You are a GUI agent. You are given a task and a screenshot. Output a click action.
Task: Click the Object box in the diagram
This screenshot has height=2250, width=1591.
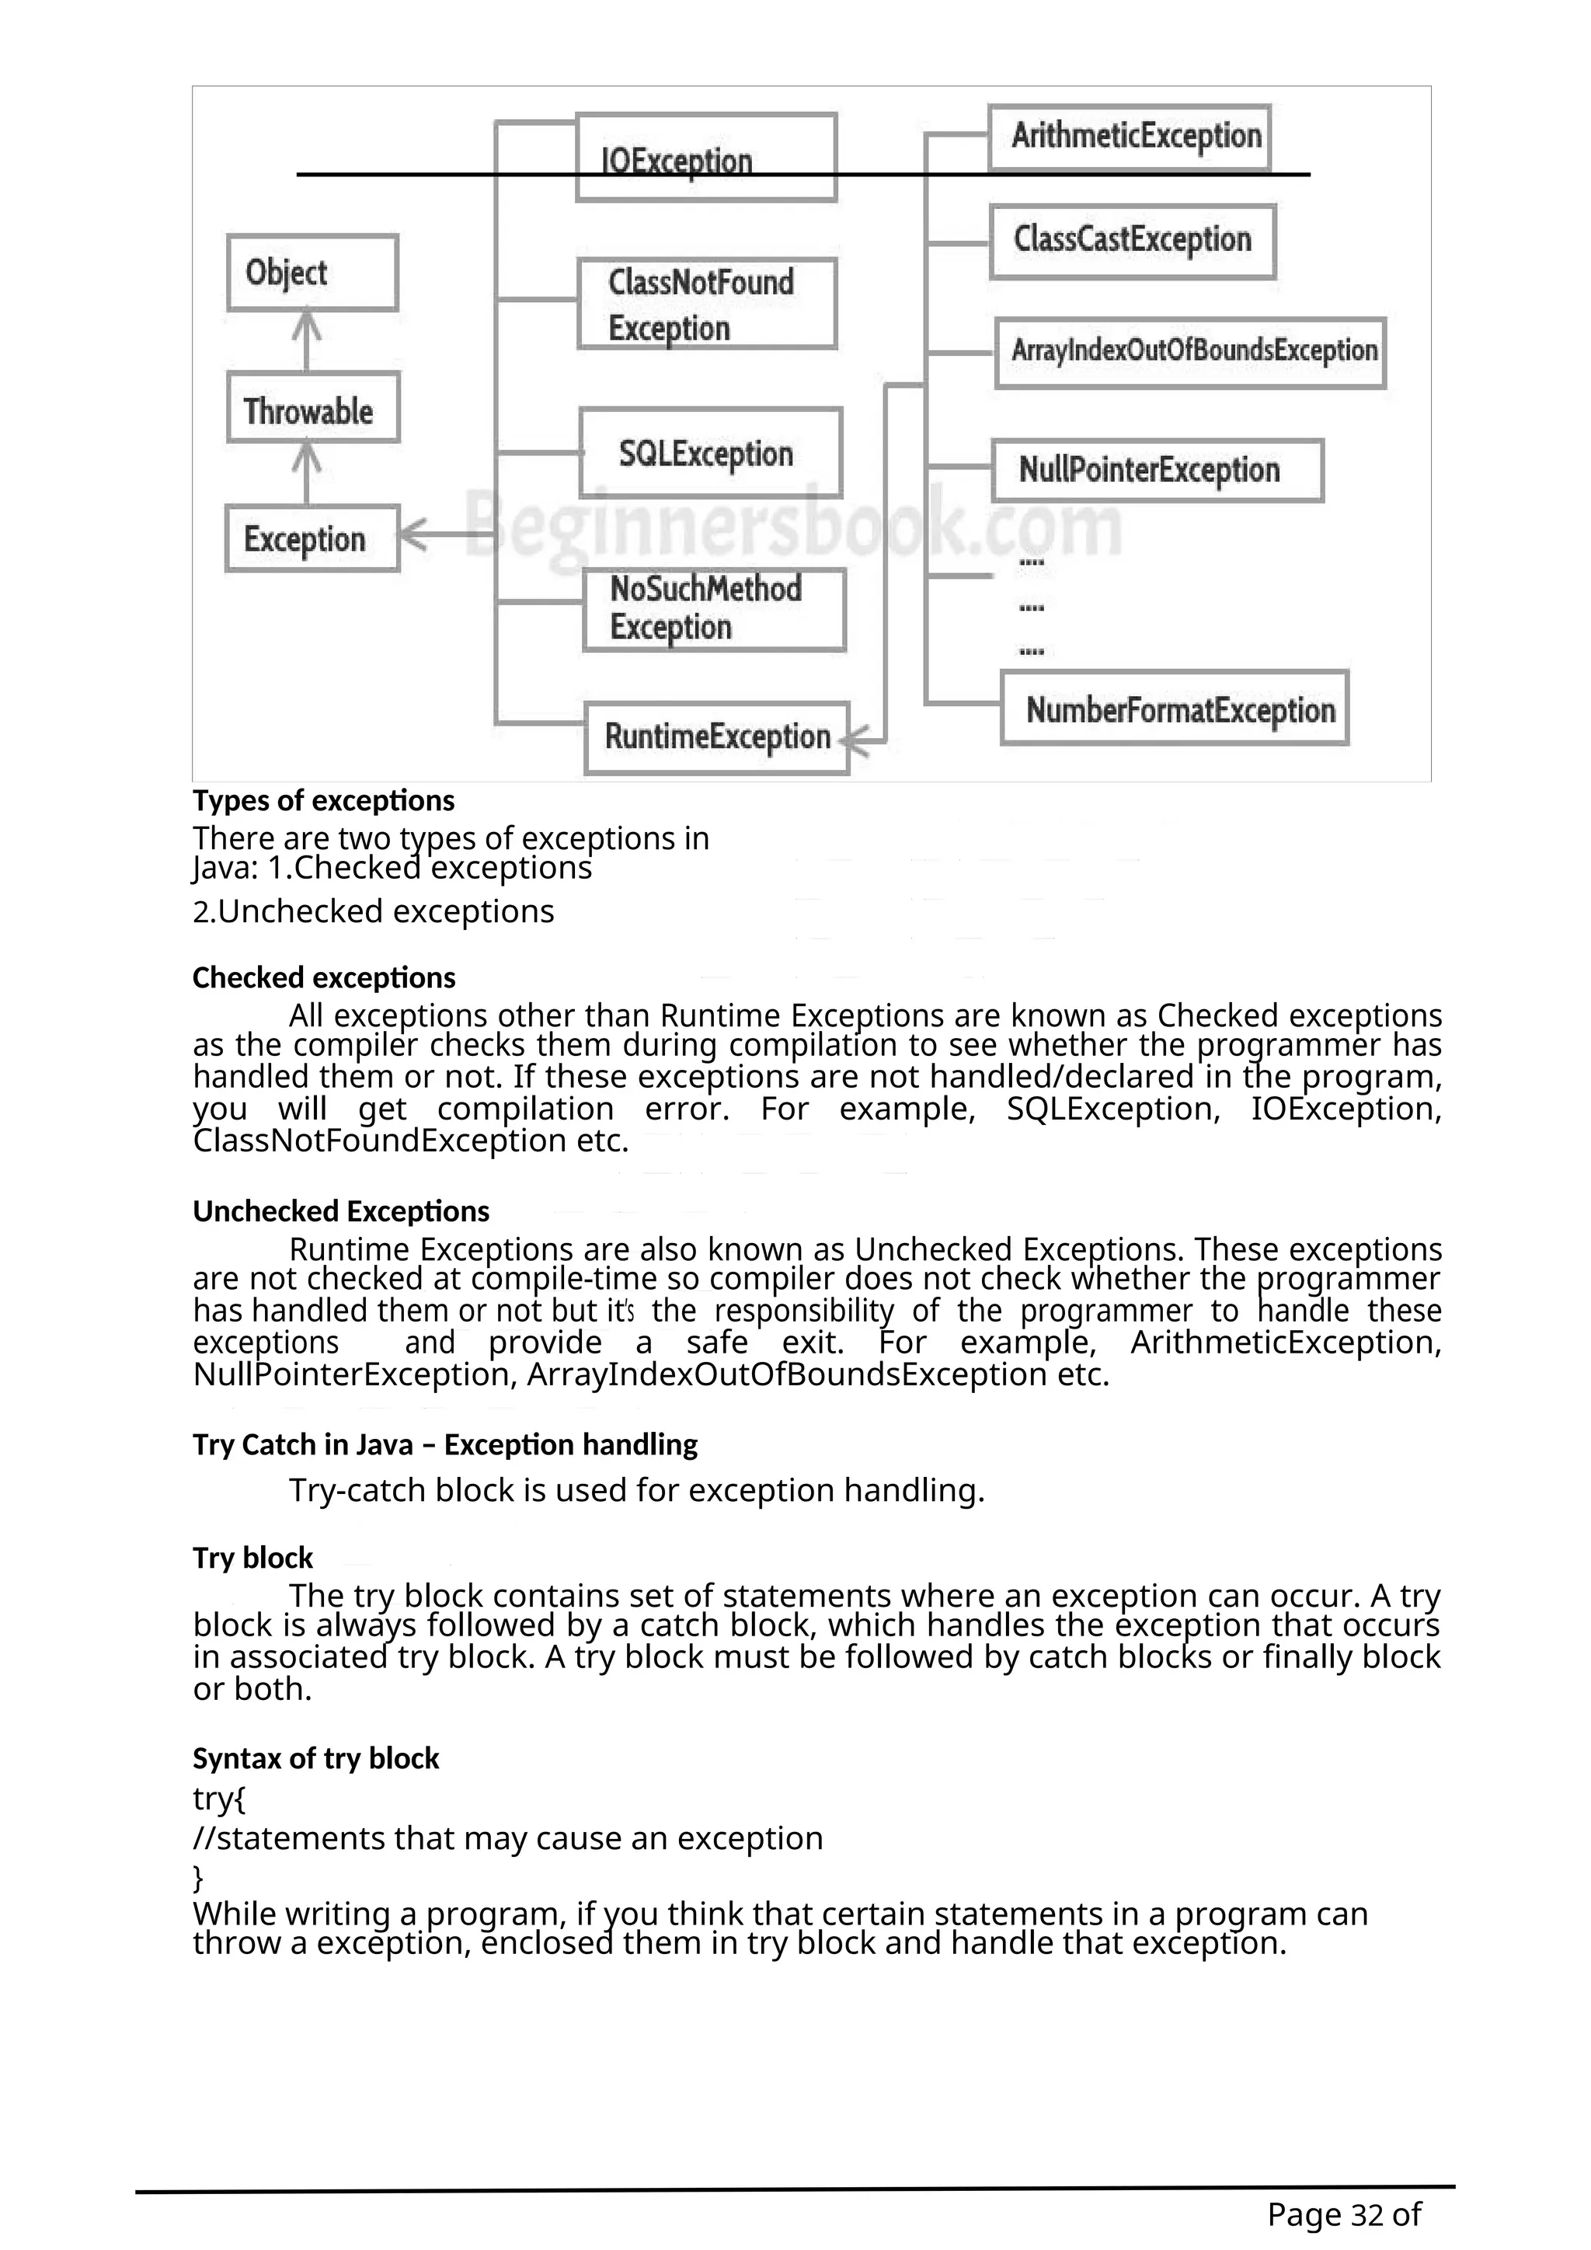[x=312, y=273]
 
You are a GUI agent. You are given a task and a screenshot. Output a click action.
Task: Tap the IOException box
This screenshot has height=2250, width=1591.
[x=705, y=158]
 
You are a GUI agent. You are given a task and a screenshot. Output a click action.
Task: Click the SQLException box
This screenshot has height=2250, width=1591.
[x=709, y=453]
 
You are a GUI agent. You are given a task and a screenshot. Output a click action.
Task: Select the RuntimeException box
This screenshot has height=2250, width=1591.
[x=716, y=737]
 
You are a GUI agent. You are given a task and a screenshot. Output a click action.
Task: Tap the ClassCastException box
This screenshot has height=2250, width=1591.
[x=1132, y=240]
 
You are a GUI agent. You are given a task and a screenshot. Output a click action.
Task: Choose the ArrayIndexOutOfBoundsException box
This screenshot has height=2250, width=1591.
[x=1189, y=352]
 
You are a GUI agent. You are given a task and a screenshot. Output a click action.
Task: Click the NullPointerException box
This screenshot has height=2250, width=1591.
[x=1156, y=470]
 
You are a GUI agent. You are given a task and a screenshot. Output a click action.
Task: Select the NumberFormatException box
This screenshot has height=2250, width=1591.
[x=1174, y=709]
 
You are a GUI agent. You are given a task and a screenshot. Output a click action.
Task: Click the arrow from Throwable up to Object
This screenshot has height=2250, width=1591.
[x=308, y=339]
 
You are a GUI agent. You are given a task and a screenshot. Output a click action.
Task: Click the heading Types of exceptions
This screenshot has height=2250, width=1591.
[x=323, y=801]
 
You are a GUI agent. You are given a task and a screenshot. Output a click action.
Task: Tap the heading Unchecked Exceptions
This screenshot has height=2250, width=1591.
[x=340, y=1211]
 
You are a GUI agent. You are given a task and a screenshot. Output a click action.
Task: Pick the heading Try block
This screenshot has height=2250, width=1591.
[x=252, y=1557]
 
